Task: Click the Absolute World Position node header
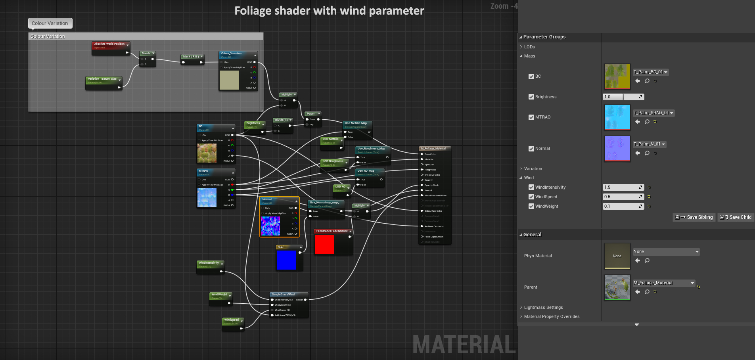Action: pos(109,44)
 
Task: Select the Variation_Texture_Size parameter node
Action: pos(102,79)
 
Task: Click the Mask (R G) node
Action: pos(191,57)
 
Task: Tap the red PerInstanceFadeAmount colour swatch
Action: pos(324,244)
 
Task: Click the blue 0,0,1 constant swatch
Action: pos(286,260)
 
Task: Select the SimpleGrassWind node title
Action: pos(283,295)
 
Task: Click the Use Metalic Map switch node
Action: pos(356,123)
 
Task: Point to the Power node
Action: pos(311,114)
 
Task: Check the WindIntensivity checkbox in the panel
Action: pos(531,187)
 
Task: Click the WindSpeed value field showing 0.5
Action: pos(620,197)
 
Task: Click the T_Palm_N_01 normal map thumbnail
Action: pos(617,148)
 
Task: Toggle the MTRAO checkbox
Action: pos(531,117)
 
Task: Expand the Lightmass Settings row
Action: pos(543,307)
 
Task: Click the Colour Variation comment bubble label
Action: pos(50,23)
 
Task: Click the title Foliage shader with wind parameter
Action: pos(329,11)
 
